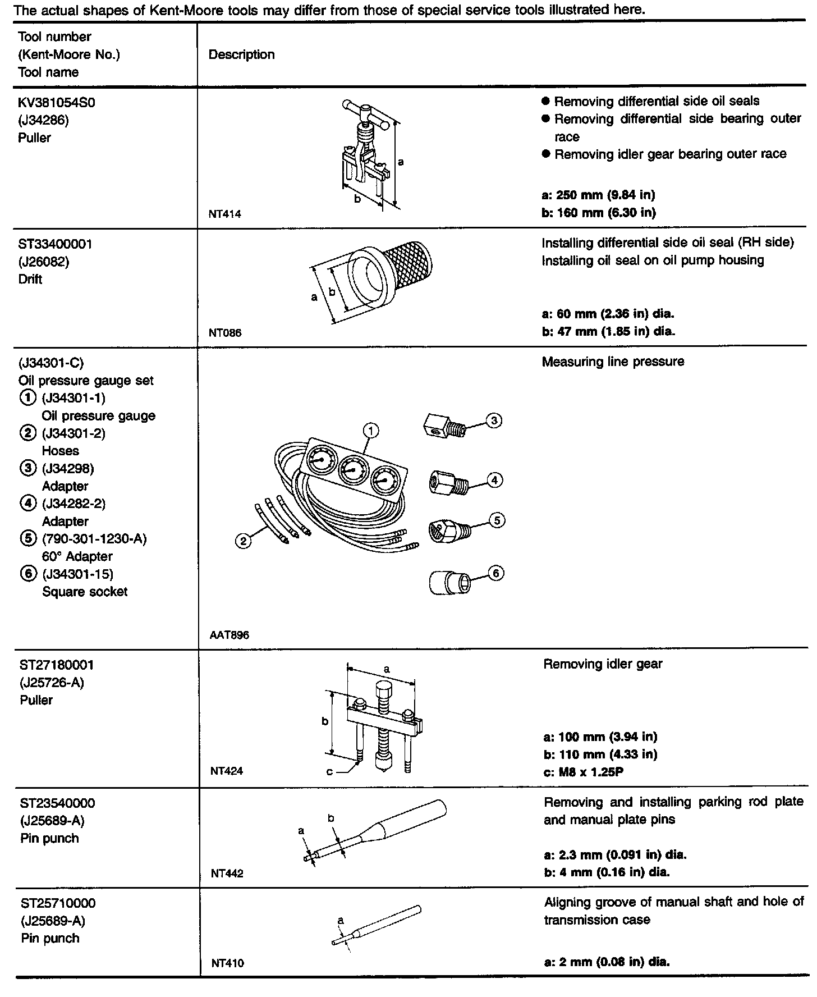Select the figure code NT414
click(224, 214)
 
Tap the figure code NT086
click(225, 333)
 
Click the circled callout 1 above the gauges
click(370, 431)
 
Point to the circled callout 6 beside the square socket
click(496, 573)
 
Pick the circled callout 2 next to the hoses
click(243, 541)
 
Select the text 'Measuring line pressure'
click(613, 362)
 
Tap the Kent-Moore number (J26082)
click(44, 262)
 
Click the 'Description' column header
click(241, 54)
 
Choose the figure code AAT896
click(229, 635)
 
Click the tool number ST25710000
click(58, 903)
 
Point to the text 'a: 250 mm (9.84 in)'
click(599, 195)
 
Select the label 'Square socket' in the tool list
click(85, 592)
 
